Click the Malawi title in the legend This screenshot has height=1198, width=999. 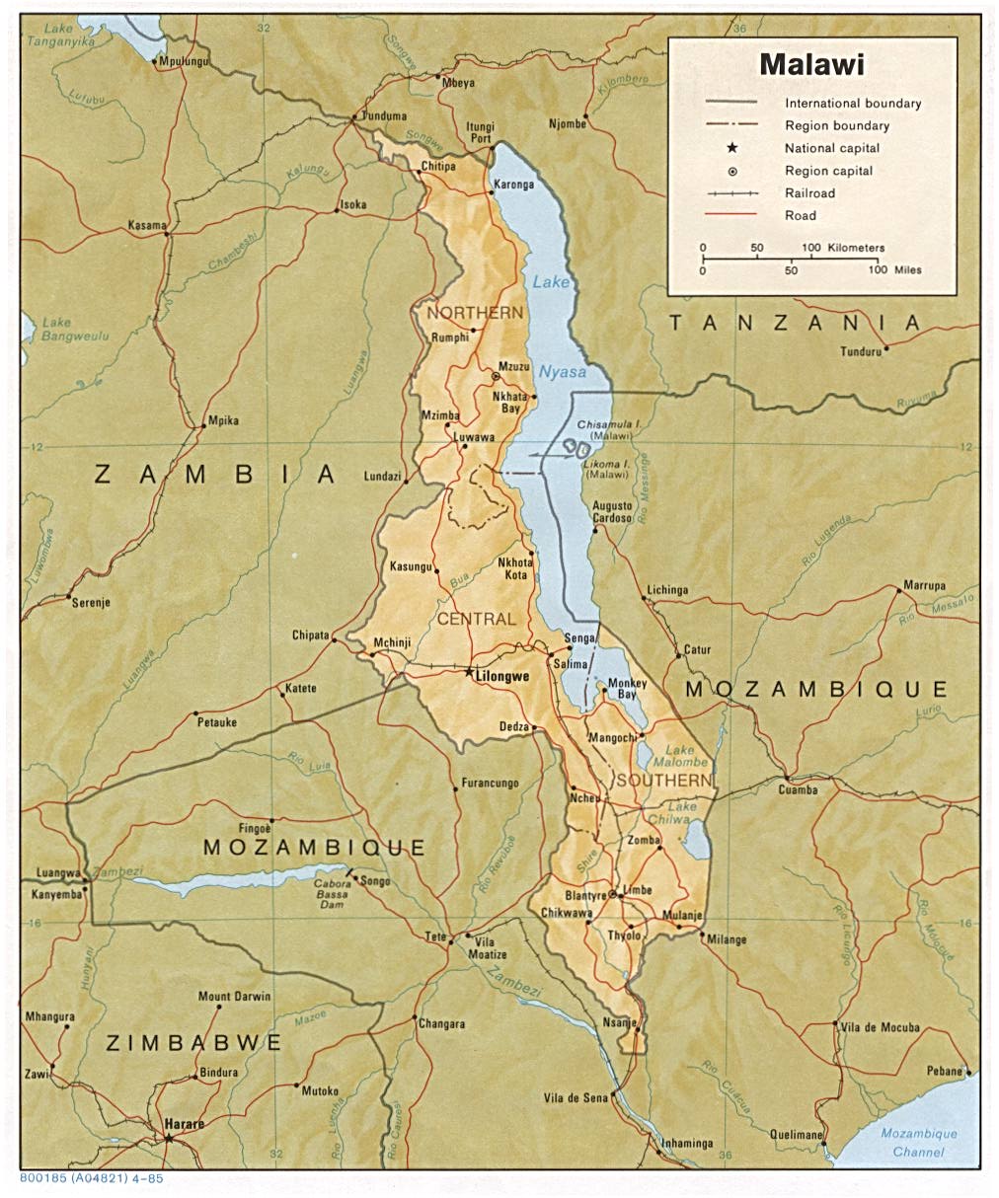click(x=810, y=65)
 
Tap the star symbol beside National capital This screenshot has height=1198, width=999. click(x=731, y=148)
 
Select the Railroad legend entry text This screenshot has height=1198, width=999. click(x=809, y=193)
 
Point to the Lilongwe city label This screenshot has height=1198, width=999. click(x=502, y=677)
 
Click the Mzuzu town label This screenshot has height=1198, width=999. click(x=514, y=366)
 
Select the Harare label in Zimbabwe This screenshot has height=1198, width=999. click(x=185, y=1124)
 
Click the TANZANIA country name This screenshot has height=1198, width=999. click(x=795, y=323)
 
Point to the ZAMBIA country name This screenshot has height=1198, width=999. click(x=215, y=475)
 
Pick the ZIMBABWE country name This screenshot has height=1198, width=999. click(x=194, y=1043)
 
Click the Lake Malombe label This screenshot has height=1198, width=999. click(x=686, y=757)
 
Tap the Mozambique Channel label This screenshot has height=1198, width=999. click(x=919, y=1143)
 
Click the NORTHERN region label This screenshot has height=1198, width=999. click(x=475, y=313)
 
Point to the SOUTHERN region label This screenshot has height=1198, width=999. click(x=662, y=781)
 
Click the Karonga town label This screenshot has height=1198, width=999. click(x=513, y=185)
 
